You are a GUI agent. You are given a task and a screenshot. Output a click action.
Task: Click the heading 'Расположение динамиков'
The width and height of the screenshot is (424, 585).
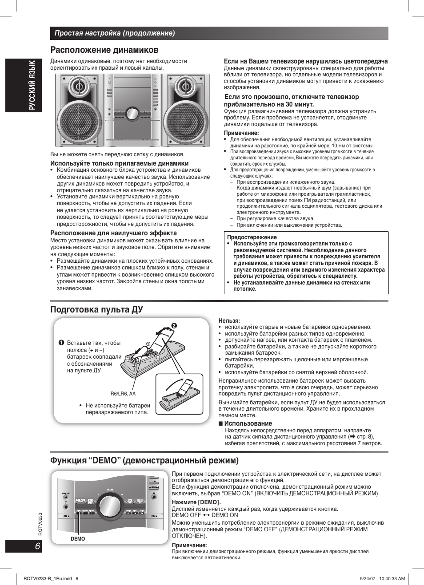(x=104, y=50)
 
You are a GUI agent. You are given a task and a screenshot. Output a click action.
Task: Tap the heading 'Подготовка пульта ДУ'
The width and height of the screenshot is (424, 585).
(x=96, y=309)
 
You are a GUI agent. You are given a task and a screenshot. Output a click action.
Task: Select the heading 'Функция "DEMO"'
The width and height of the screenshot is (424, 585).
(x=144, y=460)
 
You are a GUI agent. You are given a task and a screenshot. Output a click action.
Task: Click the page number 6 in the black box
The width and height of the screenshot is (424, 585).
(x=37, y=546)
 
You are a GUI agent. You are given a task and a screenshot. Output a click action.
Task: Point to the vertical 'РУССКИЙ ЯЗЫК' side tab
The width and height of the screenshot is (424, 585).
(x=32, y=85)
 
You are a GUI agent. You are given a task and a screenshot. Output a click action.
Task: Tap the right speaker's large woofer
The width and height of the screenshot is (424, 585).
(x=186, y=121)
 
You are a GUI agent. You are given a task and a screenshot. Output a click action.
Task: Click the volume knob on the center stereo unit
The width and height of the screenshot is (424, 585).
(x=132, y=114)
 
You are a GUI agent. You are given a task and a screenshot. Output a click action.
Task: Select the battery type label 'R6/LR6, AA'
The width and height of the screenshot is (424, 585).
(x=123, y=394)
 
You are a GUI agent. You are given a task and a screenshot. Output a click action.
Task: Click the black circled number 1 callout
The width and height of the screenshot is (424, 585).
(x=61, y=343)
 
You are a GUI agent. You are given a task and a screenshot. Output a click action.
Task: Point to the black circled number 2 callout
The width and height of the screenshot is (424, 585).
(x=174, y=326)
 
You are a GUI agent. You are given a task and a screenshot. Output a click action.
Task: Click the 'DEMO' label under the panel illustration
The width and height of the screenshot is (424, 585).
(x=78, y=539)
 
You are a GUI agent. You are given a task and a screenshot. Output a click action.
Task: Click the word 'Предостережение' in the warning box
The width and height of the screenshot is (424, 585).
(x=252, y=237)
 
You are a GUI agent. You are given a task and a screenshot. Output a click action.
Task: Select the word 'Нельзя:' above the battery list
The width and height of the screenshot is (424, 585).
(x=229, y=320)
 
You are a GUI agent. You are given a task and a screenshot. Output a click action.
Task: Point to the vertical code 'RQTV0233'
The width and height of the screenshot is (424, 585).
(x=40, y=524)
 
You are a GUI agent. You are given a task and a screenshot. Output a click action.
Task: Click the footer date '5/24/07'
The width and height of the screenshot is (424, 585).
(x=368, y=578)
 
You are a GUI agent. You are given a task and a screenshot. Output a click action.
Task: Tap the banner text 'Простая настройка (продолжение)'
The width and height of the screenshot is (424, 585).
(x=115, y=33)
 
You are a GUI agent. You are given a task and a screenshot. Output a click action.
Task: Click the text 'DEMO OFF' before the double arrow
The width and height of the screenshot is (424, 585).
(x=186, y=515)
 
